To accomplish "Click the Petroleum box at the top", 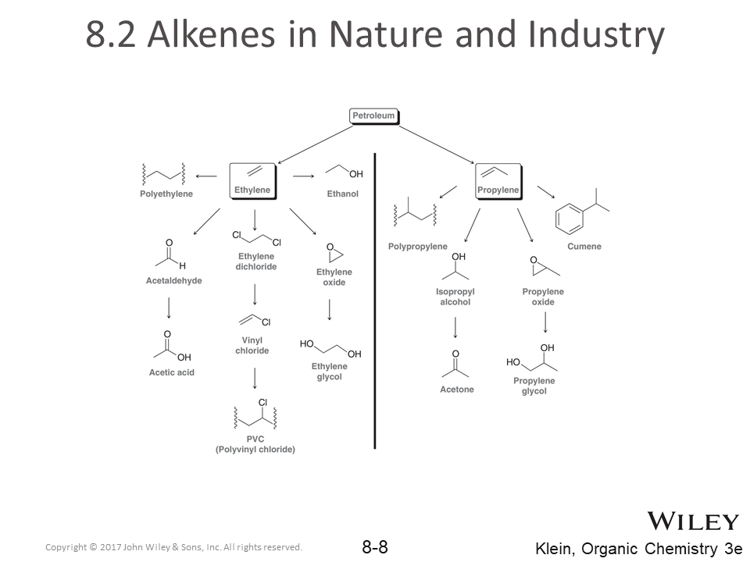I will point(373,116).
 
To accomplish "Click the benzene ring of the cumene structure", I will point(569,219).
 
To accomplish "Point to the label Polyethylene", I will point(166,194).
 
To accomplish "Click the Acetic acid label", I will point(172,372).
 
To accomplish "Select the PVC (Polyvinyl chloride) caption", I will point(255,444).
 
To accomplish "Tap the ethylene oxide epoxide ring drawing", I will point(334,254).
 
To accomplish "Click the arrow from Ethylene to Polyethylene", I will point(206,176).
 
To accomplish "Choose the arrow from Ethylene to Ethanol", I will point(303,176).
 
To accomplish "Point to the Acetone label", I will point(457,389).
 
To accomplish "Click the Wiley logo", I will point(692,521).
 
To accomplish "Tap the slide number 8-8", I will point(375,546).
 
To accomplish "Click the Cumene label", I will point(584,247).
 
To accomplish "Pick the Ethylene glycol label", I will point(330,372).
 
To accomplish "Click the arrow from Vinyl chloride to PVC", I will point(255,379).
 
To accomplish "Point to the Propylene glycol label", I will point(534,386).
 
